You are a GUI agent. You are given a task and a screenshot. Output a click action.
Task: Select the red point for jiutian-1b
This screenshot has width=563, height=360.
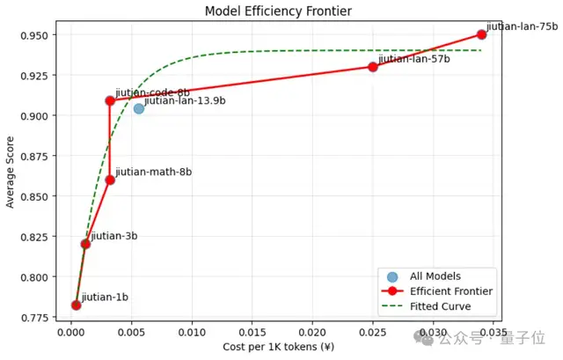(x=76, y=305)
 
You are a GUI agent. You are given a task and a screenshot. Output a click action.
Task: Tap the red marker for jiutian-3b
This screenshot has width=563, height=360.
(x=85, y=244)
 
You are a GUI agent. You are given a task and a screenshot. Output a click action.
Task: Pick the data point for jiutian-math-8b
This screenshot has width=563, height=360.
(x=110, y=180)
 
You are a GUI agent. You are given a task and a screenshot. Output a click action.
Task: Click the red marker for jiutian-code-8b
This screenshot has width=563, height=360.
(x=110, y=100)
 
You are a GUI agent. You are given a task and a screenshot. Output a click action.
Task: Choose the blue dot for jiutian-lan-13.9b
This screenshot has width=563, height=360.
(x=138, y=108)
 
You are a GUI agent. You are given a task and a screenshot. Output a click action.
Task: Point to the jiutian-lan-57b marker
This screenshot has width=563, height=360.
(x=373, y=67)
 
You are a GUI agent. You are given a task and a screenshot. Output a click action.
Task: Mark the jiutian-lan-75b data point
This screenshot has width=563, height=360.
(x=481, y=34)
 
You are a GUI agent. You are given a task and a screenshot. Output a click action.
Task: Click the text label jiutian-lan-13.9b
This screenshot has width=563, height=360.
(x=185, y=101)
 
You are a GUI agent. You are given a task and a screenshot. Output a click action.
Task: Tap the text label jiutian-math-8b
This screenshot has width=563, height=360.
(x=154, y=172)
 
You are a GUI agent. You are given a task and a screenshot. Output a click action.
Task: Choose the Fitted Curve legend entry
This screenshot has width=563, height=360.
(x=440, y=306)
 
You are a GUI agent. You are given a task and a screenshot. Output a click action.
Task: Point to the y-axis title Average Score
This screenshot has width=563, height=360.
(x=11, y=171)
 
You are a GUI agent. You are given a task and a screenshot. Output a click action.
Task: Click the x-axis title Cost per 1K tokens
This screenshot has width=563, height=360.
(x=278, y=347)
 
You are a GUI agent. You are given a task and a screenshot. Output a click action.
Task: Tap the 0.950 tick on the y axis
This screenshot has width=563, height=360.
(x=41, y=35)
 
